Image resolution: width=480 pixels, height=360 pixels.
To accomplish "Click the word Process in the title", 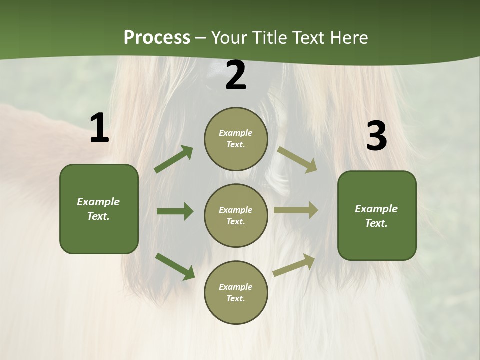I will (x=157, y=37).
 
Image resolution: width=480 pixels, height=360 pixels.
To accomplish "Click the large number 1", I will (x=99, y=128).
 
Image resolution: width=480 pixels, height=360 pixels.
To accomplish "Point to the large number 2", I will (x=236, y=75).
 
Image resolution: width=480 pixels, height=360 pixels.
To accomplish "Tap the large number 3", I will (x=376, y=136).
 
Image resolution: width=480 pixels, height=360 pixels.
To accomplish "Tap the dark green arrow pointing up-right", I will (x=173, y=159).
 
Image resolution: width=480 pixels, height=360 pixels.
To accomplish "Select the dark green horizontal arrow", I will (x=175, y=211).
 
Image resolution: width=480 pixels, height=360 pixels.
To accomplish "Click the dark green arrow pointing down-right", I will (x=175, y=266).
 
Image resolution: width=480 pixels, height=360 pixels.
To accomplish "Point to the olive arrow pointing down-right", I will (x=297, y=159).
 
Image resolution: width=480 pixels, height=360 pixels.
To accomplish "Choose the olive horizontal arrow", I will (x=296, y=210).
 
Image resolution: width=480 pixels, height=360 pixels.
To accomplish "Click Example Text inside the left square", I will (x=98, y=209).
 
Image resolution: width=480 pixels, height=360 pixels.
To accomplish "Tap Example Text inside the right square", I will (x=376, y=216).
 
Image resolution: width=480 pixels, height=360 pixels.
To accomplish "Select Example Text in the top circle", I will (x=236, y=139).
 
